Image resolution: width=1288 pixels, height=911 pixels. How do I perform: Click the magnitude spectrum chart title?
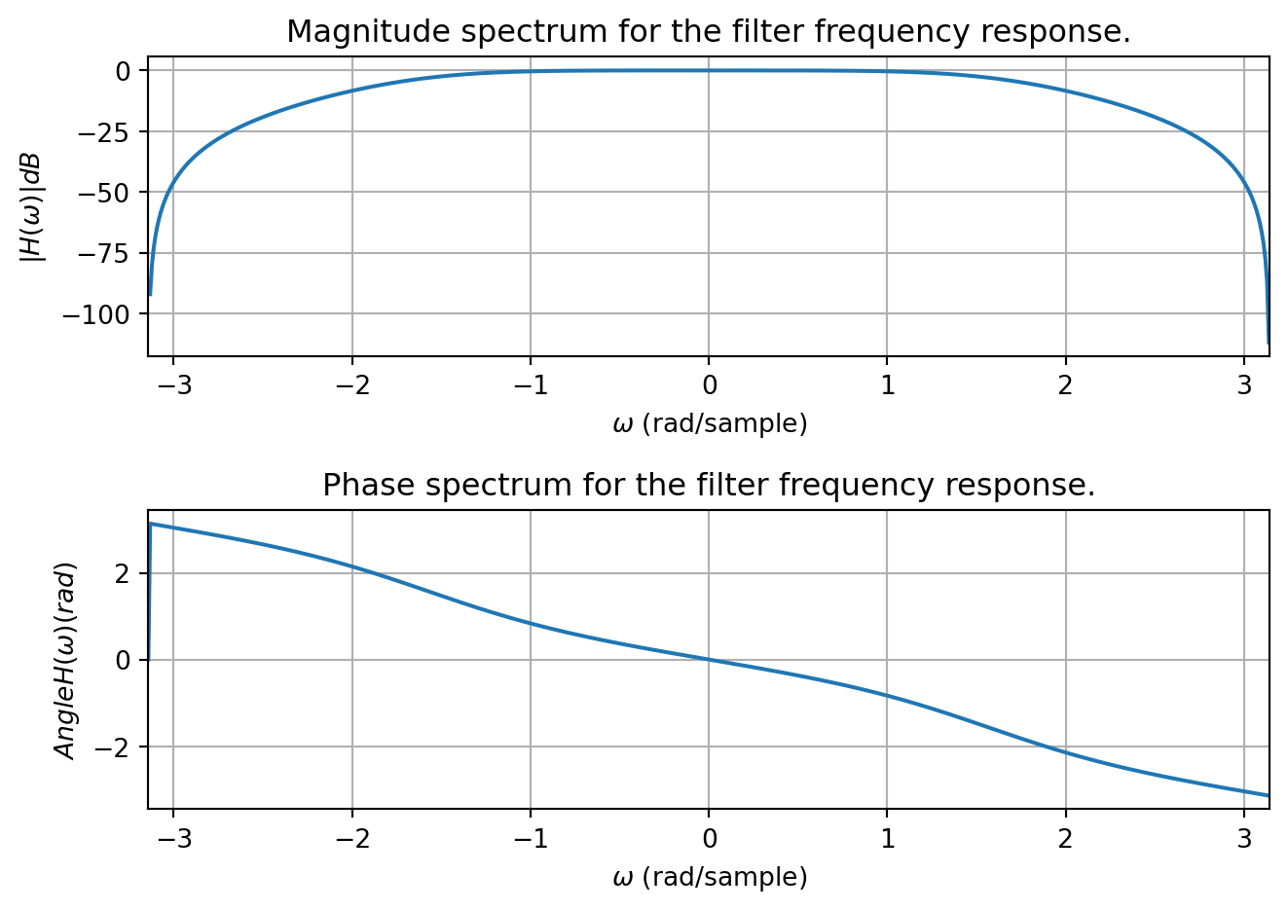[x=709, y=32]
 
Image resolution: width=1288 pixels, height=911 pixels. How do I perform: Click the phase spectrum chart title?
[x=709, y=485]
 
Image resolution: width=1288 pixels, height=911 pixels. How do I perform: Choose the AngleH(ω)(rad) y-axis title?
[x=65, y=660]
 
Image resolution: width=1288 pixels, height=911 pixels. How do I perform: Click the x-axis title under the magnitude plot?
[x=710, y=424]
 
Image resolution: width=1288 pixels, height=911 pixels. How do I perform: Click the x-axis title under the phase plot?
[x=710, y=878]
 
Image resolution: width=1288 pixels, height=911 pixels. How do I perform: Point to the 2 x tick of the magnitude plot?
[x=1065, y=385]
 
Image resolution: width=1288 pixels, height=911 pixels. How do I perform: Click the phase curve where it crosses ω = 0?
[x=709, y=660]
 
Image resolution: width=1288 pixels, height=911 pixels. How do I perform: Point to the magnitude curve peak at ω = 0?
[x=709, y=70]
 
